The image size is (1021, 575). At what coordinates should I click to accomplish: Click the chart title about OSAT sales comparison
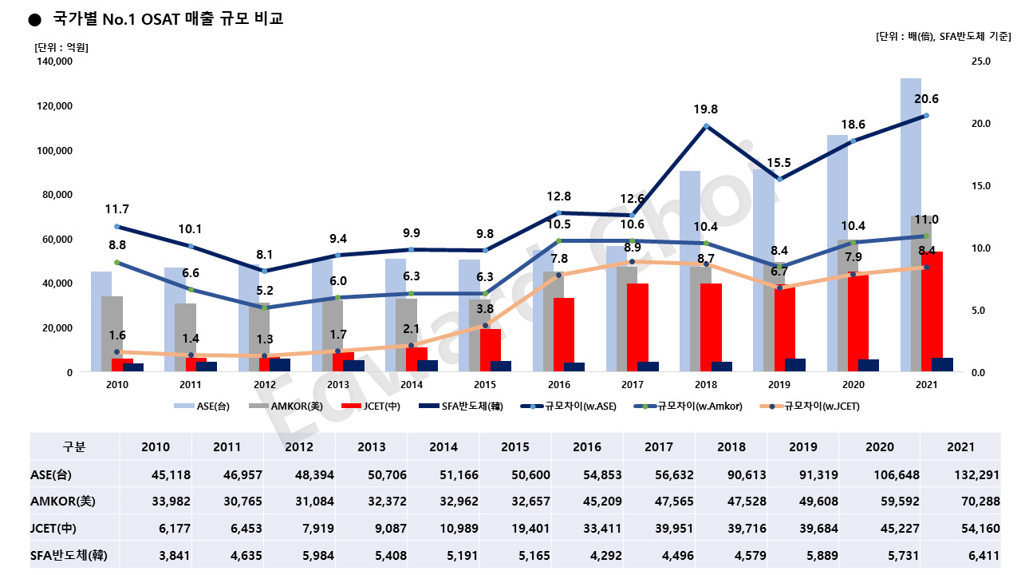click(167, 18)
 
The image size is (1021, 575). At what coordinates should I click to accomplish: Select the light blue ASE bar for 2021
click(911, 224)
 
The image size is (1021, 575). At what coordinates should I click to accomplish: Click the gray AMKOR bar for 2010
click(112, 331)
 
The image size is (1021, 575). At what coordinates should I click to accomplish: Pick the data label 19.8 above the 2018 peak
click(705, 109)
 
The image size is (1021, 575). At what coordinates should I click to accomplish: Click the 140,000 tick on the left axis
click(54, 61)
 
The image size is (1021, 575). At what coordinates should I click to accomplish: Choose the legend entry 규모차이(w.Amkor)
click(694, 406)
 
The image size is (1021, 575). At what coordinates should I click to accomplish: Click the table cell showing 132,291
click(960, 474)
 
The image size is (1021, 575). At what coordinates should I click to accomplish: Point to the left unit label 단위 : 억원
click(61, 47)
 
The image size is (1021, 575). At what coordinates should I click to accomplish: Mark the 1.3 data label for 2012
click(263, 339)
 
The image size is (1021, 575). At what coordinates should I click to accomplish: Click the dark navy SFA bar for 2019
click(795, 365)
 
